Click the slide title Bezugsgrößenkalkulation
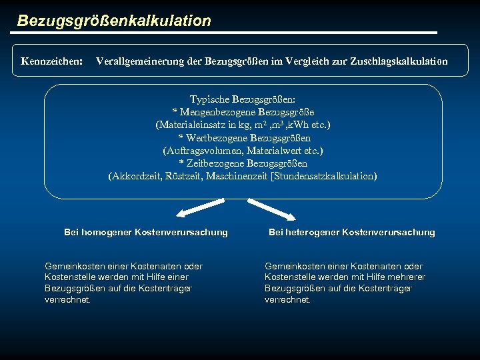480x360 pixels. pyautogui.click(x=114, y=21)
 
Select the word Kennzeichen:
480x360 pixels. pyautogui.click(x=51, y=61)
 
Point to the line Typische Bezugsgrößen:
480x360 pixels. pyautogui.click(x=243, y=99)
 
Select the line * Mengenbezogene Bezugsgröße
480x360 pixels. pyautogui.click(x=243, y=112)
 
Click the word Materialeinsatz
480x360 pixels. pyautogui.click(x=191, y=125)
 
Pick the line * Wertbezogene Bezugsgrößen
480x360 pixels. pyautogui.click(x=243, y=138)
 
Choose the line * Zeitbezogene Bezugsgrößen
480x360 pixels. pyautogui.click(x=243, y=163)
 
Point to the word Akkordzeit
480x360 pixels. pyautogui.click(x=136, y=176)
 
